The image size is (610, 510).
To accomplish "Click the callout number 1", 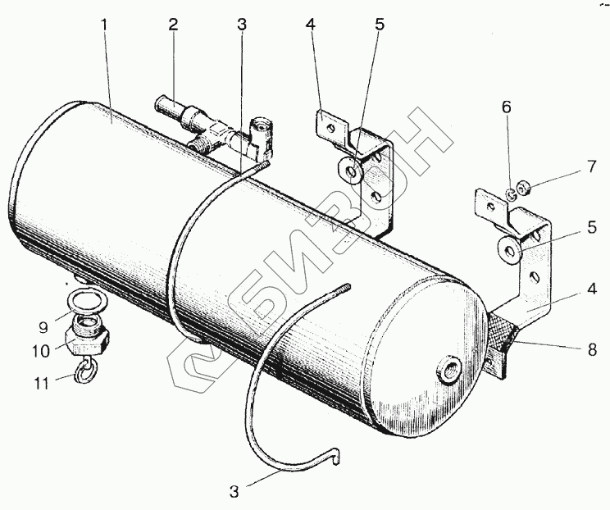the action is click(x=104, y=25).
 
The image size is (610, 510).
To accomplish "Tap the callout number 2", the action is click(x=173, y=24).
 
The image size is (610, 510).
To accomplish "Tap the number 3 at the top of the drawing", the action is click(x=241, y=25).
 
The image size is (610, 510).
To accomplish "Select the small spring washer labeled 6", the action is click(x=511, y=195).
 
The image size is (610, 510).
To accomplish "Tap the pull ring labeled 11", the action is click(x=87, y=373).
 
